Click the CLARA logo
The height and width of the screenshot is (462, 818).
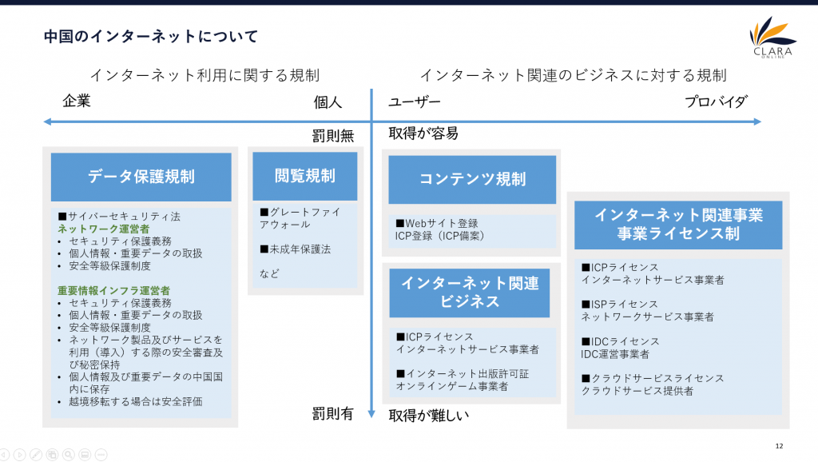click(772, 38)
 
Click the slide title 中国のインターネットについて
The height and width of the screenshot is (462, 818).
click(151, 37)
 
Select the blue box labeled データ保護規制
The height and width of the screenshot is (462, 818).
click(141, 177)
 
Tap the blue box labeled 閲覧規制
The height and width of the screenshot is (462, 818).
click(304, 176)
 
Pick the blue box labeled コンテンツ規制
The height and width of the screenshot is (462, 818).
click(472, 179)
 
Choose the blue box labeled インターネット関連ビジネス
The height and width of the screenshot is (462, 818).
click(470, 293)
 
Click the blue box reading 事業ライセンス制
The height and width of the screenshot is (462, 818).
click(678, 225)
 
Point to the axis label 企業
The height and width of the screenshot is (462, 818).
click(77, 101)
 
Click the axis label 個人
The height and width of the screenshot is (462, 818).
click(328, 102)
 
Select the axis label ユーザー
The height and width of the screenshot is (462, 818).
click(415, 102)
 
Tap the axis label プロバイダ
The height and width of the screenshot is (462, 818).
click(716, 102)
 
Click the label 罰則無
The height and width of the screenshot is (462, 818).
click(333, 136)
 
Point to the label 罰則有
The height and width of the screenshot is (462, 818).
click(333, 414)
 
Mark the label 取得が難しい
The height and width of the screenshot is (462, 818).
click(429, 416)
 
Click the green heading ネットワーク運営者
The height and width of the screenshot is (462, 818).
click(103, 229)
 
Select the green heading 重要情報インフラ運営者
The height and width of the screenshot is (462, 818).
click(113, 290)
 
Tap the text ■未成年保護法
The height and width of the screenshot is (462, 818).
click(296, 249)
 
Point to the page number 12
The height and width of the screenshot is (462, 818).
click(779, 446)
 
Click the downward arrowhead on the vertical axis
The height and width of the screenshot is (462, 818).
click(371, 413)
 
